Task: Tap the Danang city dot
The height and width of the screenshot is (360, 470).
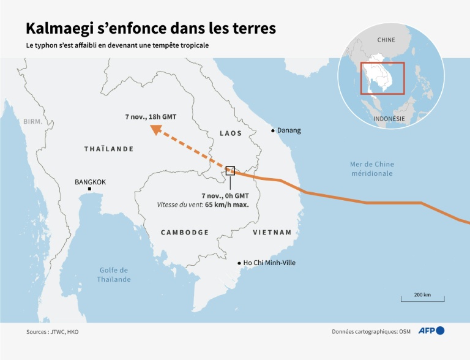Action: (x=273, y=130)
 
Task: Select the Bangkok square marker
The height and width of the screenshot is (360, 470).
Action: (x=89, y=189)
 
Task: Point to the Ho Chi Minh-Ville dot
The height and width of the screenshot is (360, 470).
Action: (x=239, y=263)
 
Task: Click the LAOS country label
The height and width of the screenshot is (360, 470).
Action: (x=231, y=133)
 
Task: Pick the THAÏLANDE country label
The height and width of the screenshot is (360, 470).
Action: (x=108, y=149)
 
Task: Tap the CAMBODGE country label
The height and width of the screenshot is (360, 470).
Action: (x=184, y=233)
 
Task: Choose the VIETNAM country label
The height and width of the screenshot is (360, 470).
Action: (x=272, y=233)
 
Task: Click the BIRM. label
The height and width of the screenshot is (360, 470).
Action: (x=33, y=122)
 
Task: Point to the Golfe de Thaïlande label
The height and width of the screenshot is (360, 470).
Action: (x=114, y=274)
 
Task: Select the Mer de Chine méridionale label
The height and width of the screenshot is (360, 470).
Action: (x=372, y=168)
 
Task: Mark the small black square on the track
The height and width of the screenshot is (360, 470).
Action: (x=230, y=170)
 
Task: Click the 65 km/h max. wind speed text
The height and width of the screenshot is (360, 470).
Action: (x=226, y=204)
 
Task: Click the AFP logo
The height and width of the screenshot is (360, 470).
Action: (x=431, y=331)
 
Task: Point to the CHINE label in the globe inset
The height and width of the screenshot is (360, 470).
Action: (x=386, y=40)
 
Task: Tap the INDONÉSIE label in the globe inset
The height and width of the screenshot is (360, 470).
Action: (x=389, y=118)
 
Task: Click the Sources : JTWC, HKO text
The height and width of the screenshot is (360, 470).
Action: (x=52, y=332)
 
